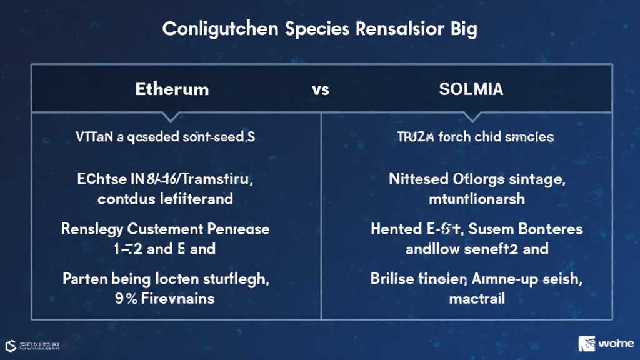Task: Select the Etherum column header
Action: coord(172,89)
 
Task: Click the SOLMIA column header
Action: coord(472,89)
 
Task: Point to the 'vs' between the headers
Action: coord(320,89)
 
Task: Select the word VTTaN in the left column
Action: coord(92,136)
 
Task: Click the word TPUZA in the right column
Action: coord(415,136)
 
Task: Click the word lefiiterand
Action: coord(196,199)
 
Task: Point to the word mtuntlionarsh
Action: coord(477,199)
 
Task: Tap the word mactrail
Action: coord(477,298)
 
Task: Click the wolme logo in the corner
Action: coord(606,343)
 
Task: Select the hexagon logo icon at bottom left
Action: coord(11,345)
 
